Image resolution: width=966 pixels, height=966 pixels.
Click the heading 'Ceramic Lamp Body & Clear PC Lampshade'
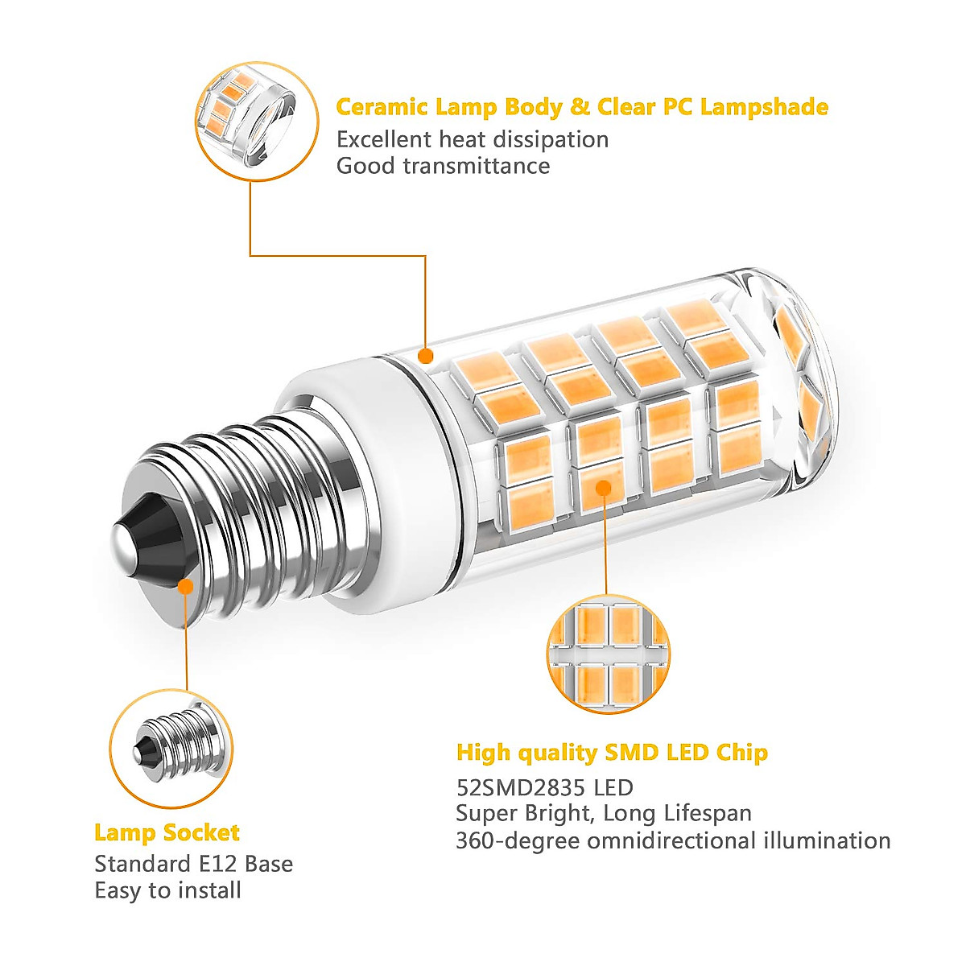pyautogui.click(x=581, y=107)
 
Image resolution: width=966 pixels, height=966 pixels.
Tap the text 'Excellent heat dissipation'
pyautogui.click(x=472, y=139)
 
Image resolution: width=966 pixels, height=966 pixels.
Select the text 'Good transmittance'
pyautogui.click(x=443, y=166)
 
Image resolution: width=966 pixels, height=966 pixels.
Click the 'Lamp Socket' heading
pyautogui.click(x=167, y=832)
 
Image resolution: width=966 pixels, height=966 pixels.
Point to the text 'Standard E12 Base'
pyautogui.click(x=193, y=864)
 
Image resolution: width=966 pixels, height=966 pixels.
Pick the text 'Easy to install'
pyautogui.click(x=167, y=890)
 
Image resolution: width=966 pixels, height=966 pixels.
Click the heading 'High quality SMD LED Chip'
pyautogui.click(x=612, y=753)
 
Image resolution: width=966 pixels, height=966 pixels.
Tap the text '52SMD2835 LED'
pyautogui.click(x=544, y=787)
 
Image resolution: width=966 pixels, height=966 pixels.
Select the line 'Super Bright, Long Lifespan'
pyautogui.click(x=603, y=813)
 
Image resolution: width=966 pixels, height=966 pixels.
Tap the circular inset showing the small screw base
pyautogui.click(x=171, y=748)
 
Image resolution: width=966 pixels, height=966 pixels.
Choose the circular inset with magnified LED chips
pyautogui.click(x=607, y=654)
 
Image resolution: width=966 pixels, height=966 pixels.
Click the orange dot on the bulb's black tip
pyautogui.click(x=186, y=586)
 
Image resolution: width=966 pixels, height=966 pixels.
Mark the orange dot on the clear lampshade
pyautogui.click(x=426, y=355)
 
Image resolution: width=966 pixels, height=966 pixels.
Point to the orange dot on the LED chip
pyautogui.click(x=604, y=486)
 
